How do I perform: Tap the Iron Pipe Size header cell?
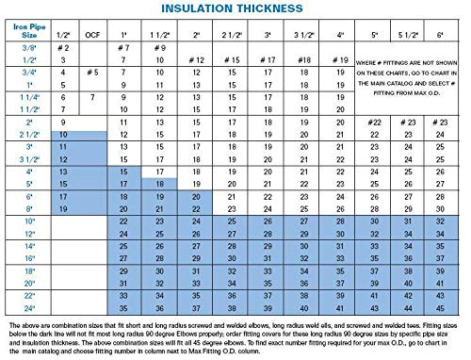[26, 34]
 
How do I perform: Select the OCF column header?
[91, 35]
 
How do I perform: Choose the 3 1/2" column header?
[303, 35]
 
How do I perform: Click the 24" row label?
[26, 307]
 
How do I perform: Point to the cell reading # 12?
[197, 59]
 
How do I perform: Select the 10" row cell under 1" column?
[122, 220]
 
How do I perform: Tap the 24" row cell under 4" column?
[339, 307]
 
